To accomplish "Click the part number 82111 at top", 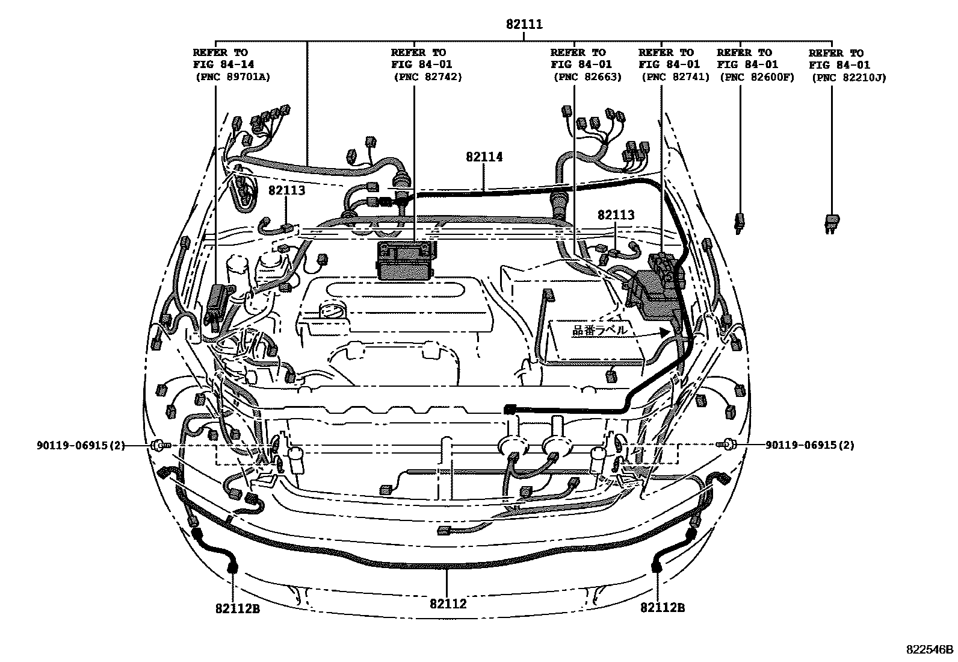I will pyautogui.click(x=524, y=25).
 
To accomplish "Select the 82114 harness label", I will pyautogui.click(x=484, y=157).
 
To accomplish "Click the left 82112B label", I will pyautogui.click(x=237, y=608).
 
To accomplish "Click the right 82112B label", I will pyautogui.click(x=663, y=608).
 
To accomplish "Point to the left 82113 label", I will pyautogui.click(x=286, y=191).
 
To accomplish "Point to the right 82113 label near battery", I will pyautogui.click(x=616, y=215).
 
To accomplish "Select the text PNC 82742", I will pyautogui.click(x=427, y=77).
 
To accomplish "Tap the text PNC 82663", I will pyautogui.click(x=587, y=77).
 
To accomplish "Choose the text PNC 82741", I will pyautogui.click(x=675, y=77).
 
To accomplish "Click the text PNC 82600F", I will pyautogui.click(x=757, y=77).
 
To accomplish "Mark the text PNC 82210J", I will pyautogui.click(x=848, y=77).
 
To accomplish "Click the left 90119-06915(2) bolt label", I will pyautogui.click(x=80, y=445).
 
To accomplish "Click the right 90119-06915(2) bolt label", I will pyautogui.click(x=809, y=445).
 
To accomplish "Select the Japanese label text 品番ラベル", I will pyautogui.click(x=599, y=330).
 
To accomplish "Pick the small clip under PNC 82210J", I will pyautogui.click(x=832, y=222).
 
